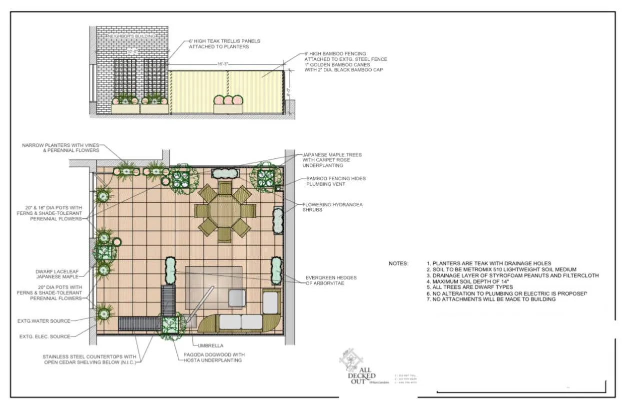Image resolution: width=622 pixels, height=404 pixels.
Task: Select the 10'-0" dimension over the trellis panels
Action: pos(132,51)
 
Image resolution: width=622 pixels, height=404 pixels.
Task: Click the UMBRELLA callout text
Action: pos(207,345)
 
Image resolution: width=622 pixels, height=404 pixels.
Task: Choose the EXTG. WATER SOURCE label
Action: pos(46,321)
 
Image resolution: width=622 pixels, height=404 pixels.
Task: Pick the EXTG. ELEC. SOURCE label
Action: pos(46,336)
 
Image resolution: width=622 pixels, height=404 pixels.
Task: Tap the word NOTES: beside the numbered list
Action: pos(398,263)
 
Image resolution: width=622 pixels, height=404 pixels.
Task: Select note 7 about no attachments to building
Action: pos(491,299)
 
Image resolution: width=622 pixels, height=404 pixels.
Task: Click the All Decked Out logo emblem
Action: pos(351,358)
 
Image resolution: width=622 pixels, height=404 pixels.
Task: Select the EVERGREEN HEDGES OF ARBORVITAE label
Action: pos(331,280)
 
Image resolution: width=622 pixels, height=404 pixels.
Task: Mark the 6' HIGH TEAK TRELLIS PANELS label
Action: pos(224,44)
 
